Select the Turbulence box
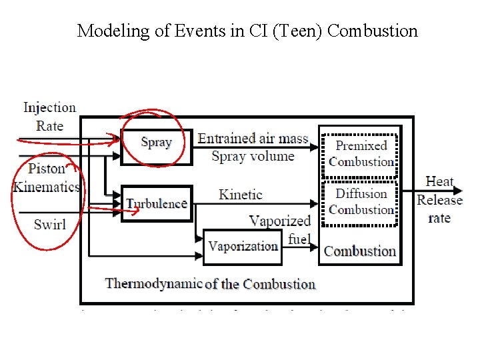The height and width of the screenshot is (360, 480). (157, 203)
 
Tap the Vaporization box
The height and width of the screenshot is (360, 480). (243, 247)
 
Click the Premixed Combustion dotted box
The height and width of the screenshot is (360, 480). (361, 153)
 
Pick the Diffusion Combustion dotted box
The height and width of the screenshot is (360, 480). (361, 201)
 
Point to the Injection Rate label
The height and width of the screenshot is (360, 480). (49, 117)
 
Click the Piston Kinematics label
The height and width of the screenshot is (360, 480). (47, 177)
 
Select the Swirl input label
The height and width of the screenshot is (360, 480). (50, 224)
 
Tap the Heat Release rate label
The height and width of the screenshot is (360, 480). (439, 199)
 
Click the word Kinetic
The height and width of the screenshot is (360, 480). (241, 195)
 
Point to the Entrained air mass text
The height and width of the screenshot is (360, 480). (253, 139)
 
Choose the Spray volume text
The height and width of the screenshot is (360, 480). (253, 157)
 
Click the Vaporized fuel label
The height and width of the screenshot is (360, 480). (281, 229)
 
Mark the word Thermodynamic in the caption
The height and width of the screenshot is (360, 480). (153, 283)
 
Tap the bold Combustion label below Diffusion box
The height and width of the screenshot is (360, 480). (360, 251)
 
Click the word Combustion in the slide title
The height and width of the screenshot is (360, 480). (373, 31)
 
